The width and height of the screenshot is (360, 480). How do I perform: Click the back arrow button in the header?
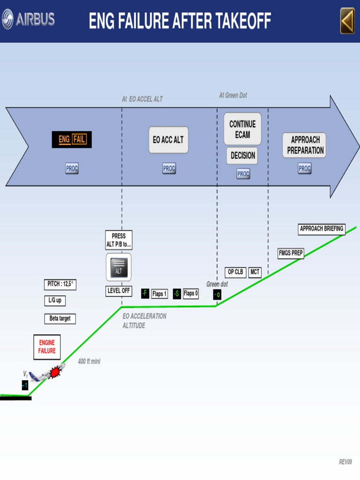tap(347, 21)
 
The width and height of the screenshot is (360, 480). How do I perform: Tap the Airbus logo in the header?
tap(28, 19)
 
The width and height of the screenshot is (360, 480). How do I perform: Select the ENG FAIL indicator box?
tap(72, 140)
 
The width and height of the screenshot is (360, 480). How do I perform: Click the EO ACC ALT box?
tap(168, 140)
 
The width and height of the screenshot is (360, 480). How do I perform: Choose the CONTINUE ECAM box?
tap(242, 129)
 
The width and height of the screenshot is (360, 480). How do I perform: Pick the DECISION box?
tap(242, 156)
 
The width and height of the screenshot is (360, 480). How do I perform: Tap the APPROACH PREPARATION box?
tap(304, 145)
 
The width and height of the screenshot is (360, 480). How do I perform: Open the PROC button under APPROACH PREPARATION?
tap(305, 168)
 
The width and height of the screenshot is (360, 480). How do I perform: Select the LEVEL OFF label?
tap(119, 291)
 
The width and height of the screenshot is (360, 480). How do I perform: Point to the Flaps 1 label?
tap(159, 294)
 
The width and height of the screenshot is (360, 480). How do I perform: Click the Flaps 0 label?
tap(190, 294)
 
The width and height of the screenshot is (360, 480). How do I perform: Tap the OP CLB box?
tap(235, 272)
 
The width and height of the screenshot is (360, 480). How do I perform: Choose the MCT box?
tap(255, 272)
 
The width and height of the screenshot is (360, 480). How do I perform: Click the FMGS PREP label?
tap(291, 254)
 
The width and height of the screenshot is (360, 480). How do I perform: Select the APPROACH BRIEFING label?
tap(322, 229)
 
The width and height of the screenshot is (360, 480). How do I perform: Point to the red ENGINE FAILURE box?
tap(47, 347)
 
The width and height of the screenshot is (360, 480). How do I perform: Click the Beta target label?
tap(60, 319)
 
